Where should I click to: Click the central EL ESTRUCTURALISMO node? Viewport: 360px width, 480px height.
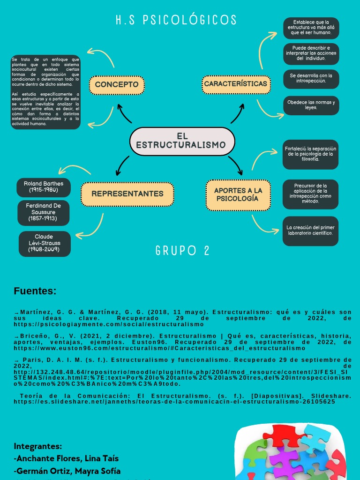(x=182, y=141)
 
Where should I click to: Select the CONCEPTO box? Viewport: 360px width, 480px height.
(x=117, y=85)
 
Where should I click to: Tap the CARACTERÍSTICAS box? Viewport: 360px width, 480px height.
(x=236, y=84)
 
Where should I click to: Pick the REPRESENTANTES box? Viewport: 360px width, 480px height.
(x=127, y=194)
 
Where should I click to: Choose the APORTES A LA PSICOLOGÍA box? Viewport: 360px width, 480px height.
(x=238, y=195)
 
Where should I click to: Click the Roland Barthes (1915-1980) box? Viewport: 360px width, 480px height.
(x=44, y=187)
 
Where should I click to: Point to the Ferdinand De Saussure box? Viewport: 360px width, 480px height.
(x=44, y=212)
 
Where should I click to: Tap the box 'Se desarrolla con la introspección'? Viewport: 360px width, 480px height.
(x=311, y=78)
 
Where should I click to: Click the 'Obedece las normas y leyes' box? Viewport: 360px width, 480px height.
(x=311, y=105)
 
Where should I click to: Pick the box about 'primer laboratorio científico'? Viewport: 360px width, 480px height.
(x=310, y=230)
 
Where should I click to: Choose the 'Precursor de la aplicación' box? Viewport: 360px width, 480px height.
(x=310, y=194)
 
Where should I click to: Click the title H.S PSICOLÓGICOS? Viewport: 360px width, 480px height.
(x=176, y=20)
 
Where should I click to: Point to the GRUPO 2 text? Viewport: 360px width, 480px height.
(x=182, y=251)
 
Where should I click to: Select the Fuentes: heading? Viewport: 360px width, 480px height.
(x=35, y=291)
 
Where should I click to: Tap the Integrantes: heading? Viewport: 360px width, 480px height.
(x=38, y=446)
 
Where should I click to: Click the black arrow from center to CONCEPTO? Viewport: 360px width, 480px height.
(x=124, y=113)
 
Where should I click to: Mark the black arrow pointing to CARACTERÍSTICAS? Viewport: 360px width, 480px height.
(x=239, y=113)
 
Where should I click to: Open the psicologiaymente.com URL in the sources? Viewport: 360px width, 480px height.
(x=109, y=324)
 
